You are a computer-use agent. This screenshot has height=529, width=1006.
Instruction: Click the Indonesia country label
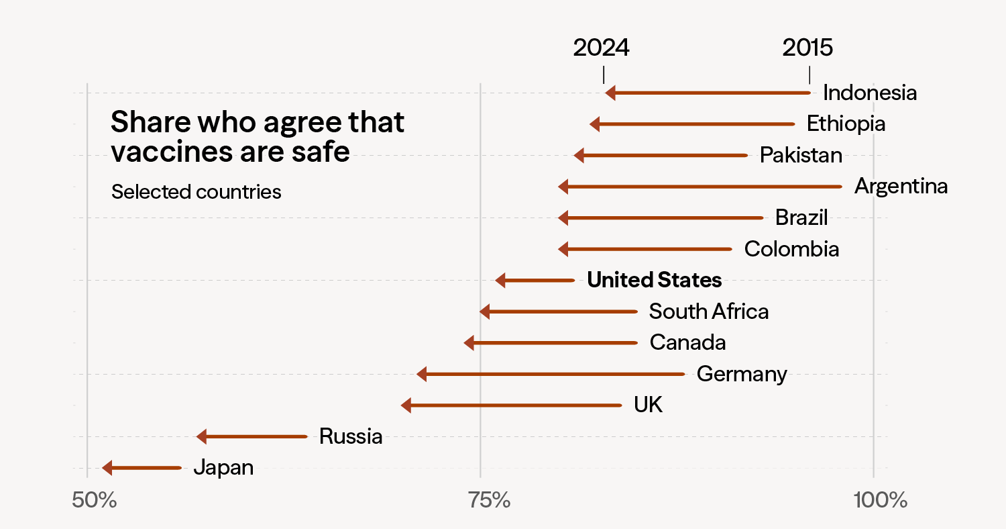pyautogui.click(x=869, y=93)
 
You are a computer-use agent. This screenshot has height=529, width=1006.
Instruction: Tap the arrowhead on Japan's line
pyautogui.click(x=107, y=468)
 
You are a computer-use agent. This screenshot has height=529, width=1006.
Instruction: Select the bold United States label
pyautogui.click(x=654, y=280)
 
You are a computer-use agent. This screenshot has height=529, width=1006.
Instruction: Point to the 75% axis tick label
pyautogui.click(x=480, y=500)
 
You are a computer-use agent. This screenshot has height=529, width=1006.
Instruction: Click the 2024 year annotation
pyautogui.click(x=601, y=48)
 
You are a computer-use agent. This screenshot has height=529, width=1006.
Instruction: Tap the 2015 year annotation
pyautogui.click(x=807, y=48)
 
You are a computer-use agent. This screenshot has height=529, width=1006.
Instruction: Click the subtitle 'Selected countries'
pyautogui.click(x=196, y=192)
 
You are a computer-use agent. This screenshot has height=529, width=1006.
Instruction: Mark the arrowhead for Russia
pyautogui.click(x=201, y=436)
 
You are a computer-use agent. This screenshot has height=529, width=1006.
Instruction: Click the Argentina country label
pyautogui.click(x=901, y=186)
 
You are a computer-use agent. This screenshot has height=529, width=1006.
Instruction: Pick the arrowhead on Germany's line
pyautogui.click(x=422, y=374)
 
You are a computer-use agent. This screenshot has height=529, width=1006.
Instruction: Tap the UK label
pyautogui.click(x=648, y=405)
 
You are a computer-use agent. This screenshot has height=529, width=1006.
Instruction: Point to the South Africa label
pyautogui.click(x=708, y=311)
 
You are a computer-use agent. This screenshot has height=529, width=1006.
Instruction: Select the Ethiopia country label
pyautogui.click(x=845, y=124)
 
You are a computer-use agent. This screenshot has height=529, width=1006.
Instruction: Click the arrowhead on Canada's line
pyautogui.click(x=469, y=343)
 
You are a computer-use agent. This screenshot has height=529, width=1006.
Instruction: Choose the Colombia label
pyautogui.click(x=791, y=249)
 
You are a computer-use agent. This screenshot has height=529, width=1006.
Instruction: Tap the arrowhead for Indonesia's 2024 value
pyautogui.click(x=610, y=93)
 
